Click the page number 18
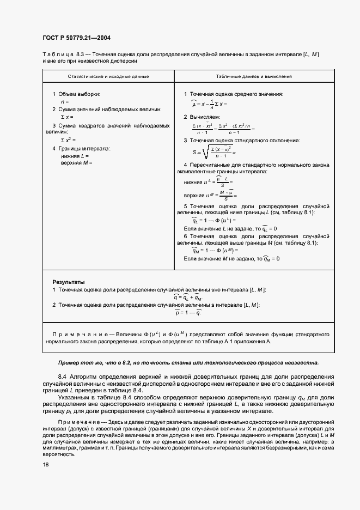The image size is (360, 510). pos(46,464)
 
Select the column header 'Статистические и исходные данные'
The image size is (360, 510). pos(108,76)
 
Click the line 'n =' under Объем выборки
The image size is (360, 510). pos(65,102)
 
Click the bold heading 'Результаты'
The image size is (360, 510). pos(68,282)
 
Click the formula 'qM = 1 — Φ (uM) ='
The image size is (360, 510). pos(211,250)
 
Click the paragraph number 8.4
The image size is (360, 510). pos(62,377)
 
